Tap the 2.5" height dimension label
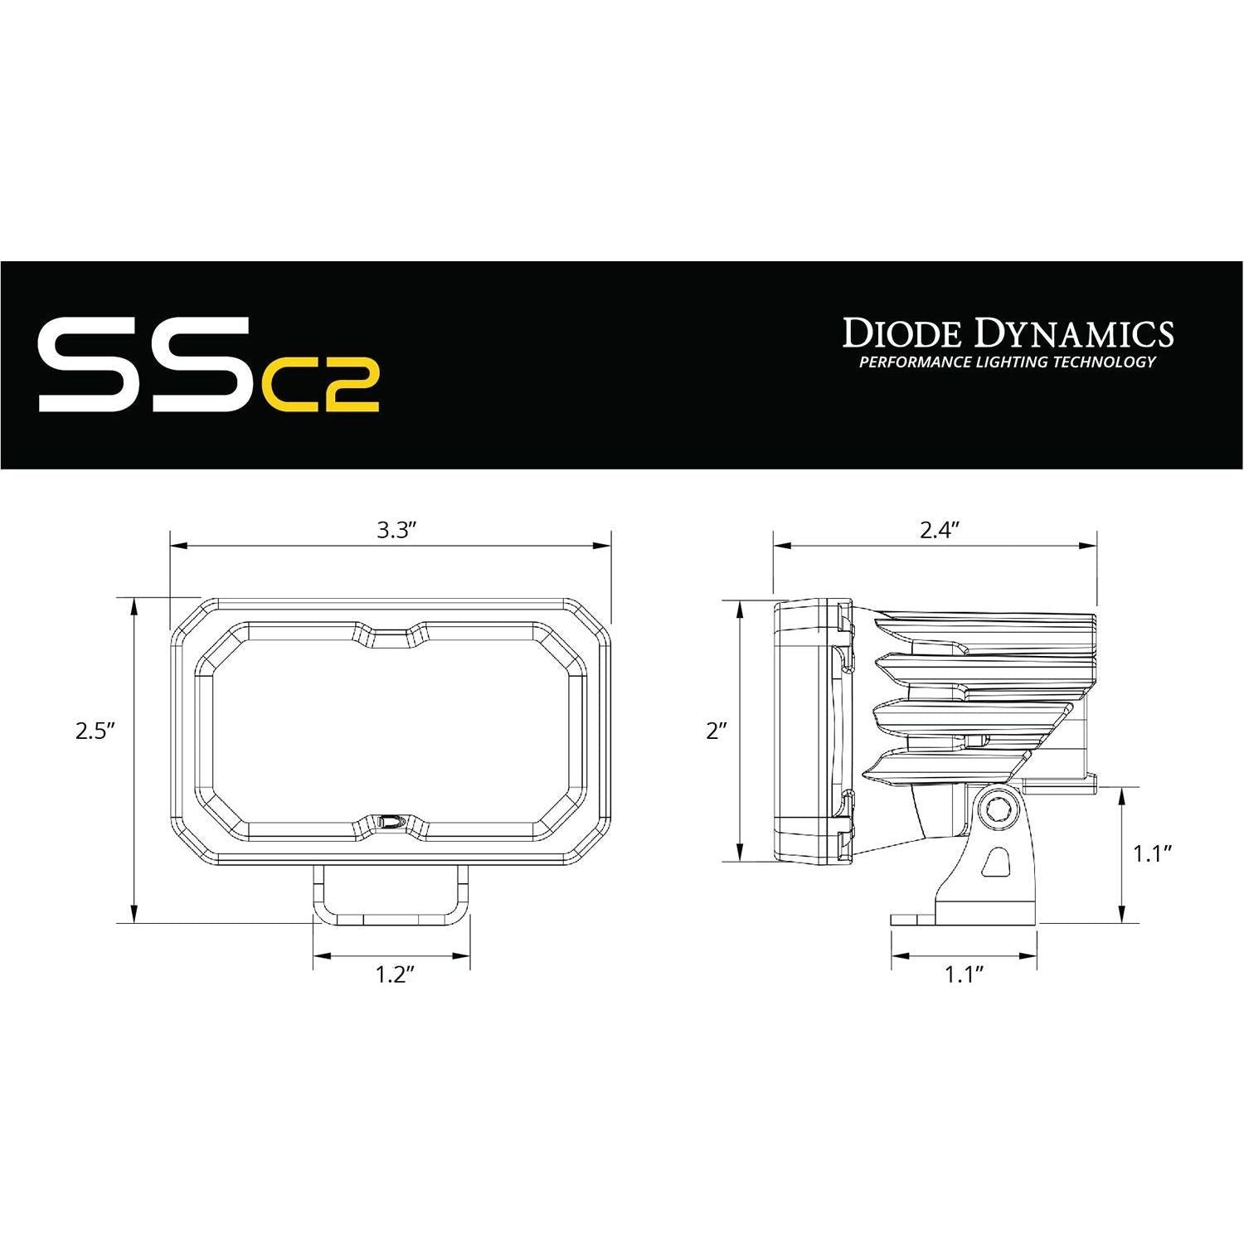(94, 731)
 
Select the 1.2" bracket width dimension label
(394, 975)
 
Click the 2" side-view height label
(716, 731)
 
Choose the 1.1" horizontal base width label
(964, 975)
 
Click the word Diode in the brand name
(901, 333)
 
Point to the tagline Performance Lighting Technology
(1007, 362)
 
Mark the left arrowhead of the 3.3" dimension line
(176, 546)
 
